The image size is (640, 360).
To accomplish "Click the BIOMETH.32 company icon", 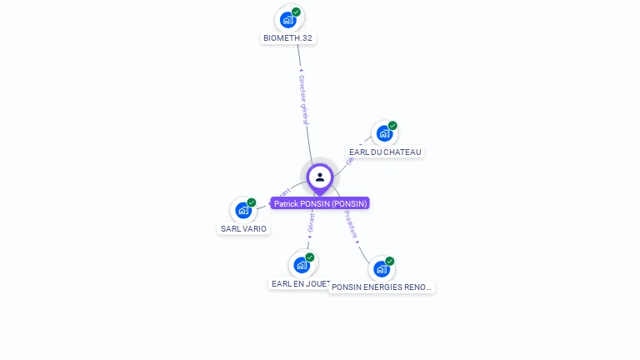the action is pos(288,19).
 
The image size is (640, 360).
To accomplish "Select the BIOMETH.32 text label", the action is pos(288,38).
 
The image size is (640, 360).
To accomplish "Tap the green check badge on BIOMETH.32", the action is pos(297,12).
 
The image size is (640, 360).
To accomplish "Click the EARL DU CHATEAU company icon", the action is pos(383,133).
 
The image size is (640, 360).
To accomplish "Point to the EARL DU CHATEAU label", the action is pos(386,152).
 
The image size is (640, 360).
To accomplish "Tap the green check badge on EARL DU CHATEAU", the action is pos(392,126).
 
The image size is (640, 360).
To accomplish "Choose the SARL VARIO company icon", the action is pos(242,210).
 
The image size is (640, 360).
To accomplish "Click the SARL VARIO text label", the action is pos(243,229).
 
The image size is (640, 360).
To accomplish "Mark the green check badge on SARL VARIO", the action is pos(251,202).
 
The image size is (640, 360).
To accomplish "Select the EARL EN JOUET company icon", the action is pos(302,265).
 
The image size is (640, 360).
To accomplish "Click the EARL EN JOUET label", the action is pos(300,284).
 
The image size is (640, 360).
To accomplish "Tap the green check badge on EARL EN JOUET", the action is pos(310,257).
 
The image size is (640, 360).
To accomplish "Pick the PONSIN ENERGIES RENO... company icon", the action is pos(381,268).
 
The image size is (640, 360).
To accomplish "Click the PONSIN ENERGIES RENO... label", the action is pos(382,287).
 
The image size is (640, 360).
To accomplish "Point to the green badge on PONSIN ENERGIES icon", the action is pos(389,261).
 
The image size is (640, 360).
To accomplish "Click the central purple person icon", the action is pos(320,177).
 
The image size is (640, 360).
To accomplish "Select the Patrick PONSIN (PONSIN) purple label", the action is pos(320,203).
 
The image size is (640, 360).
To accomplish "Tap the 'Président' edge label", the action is pos(351,224).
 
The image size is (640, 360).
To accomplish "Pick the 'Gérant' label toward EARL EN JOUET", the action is pos(311,222).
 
